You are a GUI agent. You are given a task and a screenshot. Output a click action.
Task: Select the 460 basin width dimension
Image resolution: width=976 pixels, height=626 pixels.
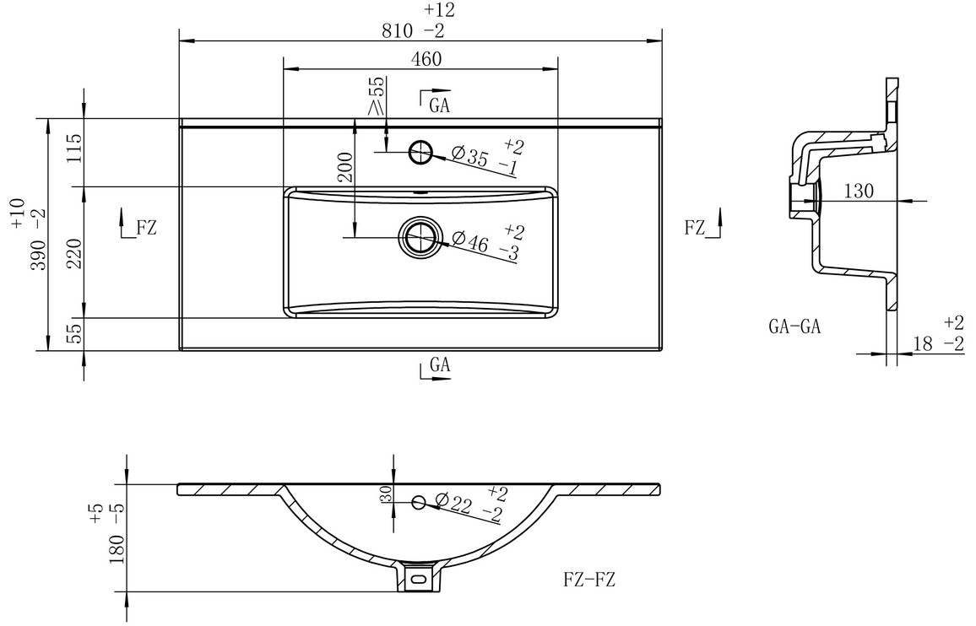point(426,59)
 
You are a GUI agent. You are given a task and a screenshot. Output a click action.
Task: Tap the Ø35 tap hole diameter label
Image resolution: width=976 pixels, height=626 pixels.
point(470,155)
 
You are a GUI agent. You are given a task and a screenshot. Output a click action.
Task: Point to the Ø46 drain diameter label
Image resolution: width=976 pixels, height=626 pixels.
point(470,240)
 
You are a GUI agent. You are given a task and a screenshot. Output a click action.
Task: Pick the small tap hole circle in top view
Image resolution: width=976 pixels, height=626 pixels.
point(420,151)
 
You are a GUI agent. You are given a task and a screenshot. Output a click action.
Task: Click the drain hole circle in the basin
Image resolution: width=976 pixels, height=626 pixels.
point(420,236)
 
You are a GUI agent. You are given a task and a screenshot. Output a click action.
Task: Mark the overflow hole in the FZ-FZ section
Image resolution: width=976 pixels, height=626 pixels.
point(419,501)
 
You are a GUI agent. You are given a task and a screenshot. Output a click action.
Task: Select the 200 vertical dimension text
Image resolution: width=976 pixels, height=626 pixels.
point(347,167)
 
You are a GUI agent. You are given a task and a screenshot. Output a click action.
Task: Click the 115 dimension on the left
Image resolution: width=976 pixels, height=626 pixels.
point(74,148)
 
